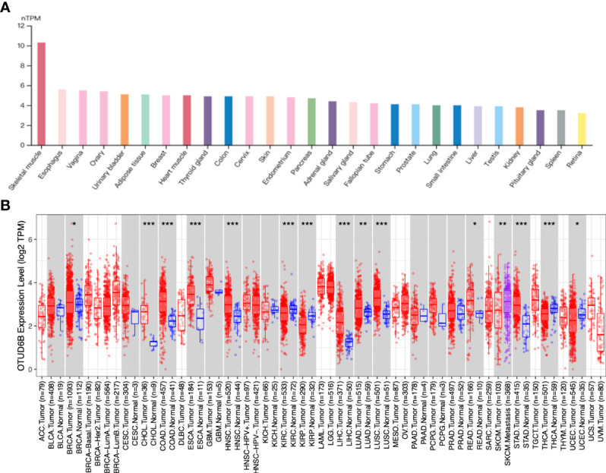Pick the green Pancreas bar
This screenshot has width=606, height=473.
[311, 120]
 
